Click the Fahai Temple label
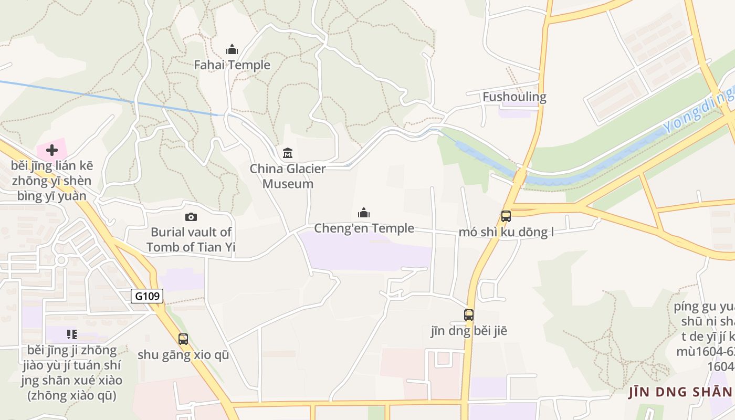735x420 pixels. coord(232,65)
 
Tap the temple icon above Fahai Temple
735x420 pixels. coord(232,50)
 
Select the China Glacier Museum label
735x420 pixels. coord(288,176)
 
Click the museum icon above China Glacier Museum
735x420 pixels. coord(288,153)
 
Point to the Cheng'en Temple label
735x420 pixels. coord(364,228)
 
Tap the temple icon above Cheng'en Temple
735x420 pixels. coord(364,213)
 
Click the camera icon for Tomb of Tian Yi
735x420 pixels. coord(191,217)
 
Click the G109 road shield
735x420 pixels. coord(147,296)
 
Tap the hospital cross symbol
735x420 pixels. coord(51,151)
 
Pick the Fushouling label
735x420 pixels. coord(514,97)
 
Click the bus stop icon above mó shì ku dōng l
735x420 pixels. coord(506,216)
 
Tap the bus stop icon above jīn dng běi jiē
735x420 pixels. coord(469,315)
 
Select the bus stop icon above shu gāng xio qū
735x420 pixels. coord(183,339)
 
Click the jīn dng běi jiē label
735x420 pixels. coord(469,331)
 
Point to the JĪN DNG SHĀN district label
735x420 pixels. coord(680,392)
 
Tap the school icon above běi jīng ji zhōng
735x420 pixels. coord(72,334)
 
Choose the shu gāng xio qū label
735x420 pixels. coord(183,355)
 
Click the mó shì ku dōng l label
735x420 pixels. coord(506,232)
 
